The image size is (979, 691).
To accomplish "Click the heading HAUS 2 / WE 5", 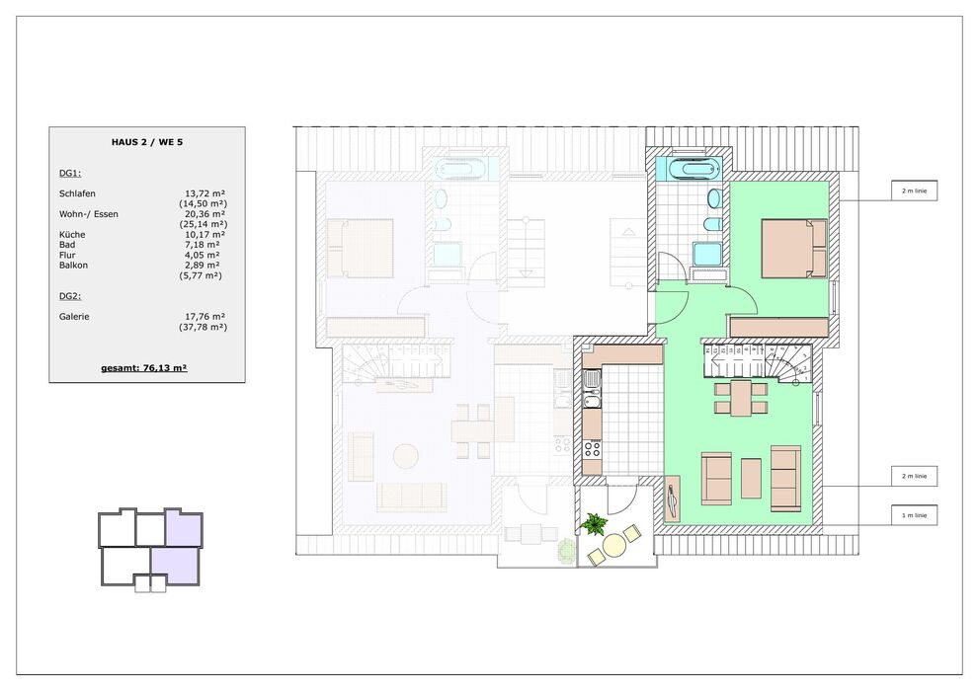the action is click(147, 142).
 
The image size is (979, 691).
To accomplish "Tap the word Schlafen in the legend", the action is click(77, 193).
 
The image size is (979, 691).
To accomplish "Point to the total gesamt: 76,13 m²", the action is click(144, 368).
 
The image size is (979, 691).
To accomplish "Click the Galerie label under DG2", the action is click(74, 316).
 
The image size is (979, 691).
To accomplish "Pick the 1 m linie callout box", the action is click(914, 515).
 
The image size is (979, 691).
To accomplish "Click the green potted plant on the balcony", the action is click(594, 523).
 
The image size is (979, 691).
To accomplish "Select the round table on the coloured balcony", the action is click(614, 546).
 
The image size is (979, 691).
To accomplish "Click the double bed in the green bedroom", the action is click(794, 248).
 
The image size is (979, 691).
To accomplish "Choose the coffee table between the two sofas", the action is click(751, 479).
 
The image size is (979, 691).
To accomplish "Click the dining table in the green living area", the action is click(741, 399).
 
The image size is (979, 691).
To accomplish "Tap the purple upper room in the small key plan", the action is click(184, 527).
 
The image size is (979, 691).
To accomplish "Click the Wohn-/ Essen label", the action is click(89, 214).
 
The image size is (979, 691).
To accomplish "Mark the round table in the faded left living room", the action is click(406, 456).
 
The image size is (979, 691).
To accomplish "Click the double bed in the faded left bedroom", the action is click(361, 248).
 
